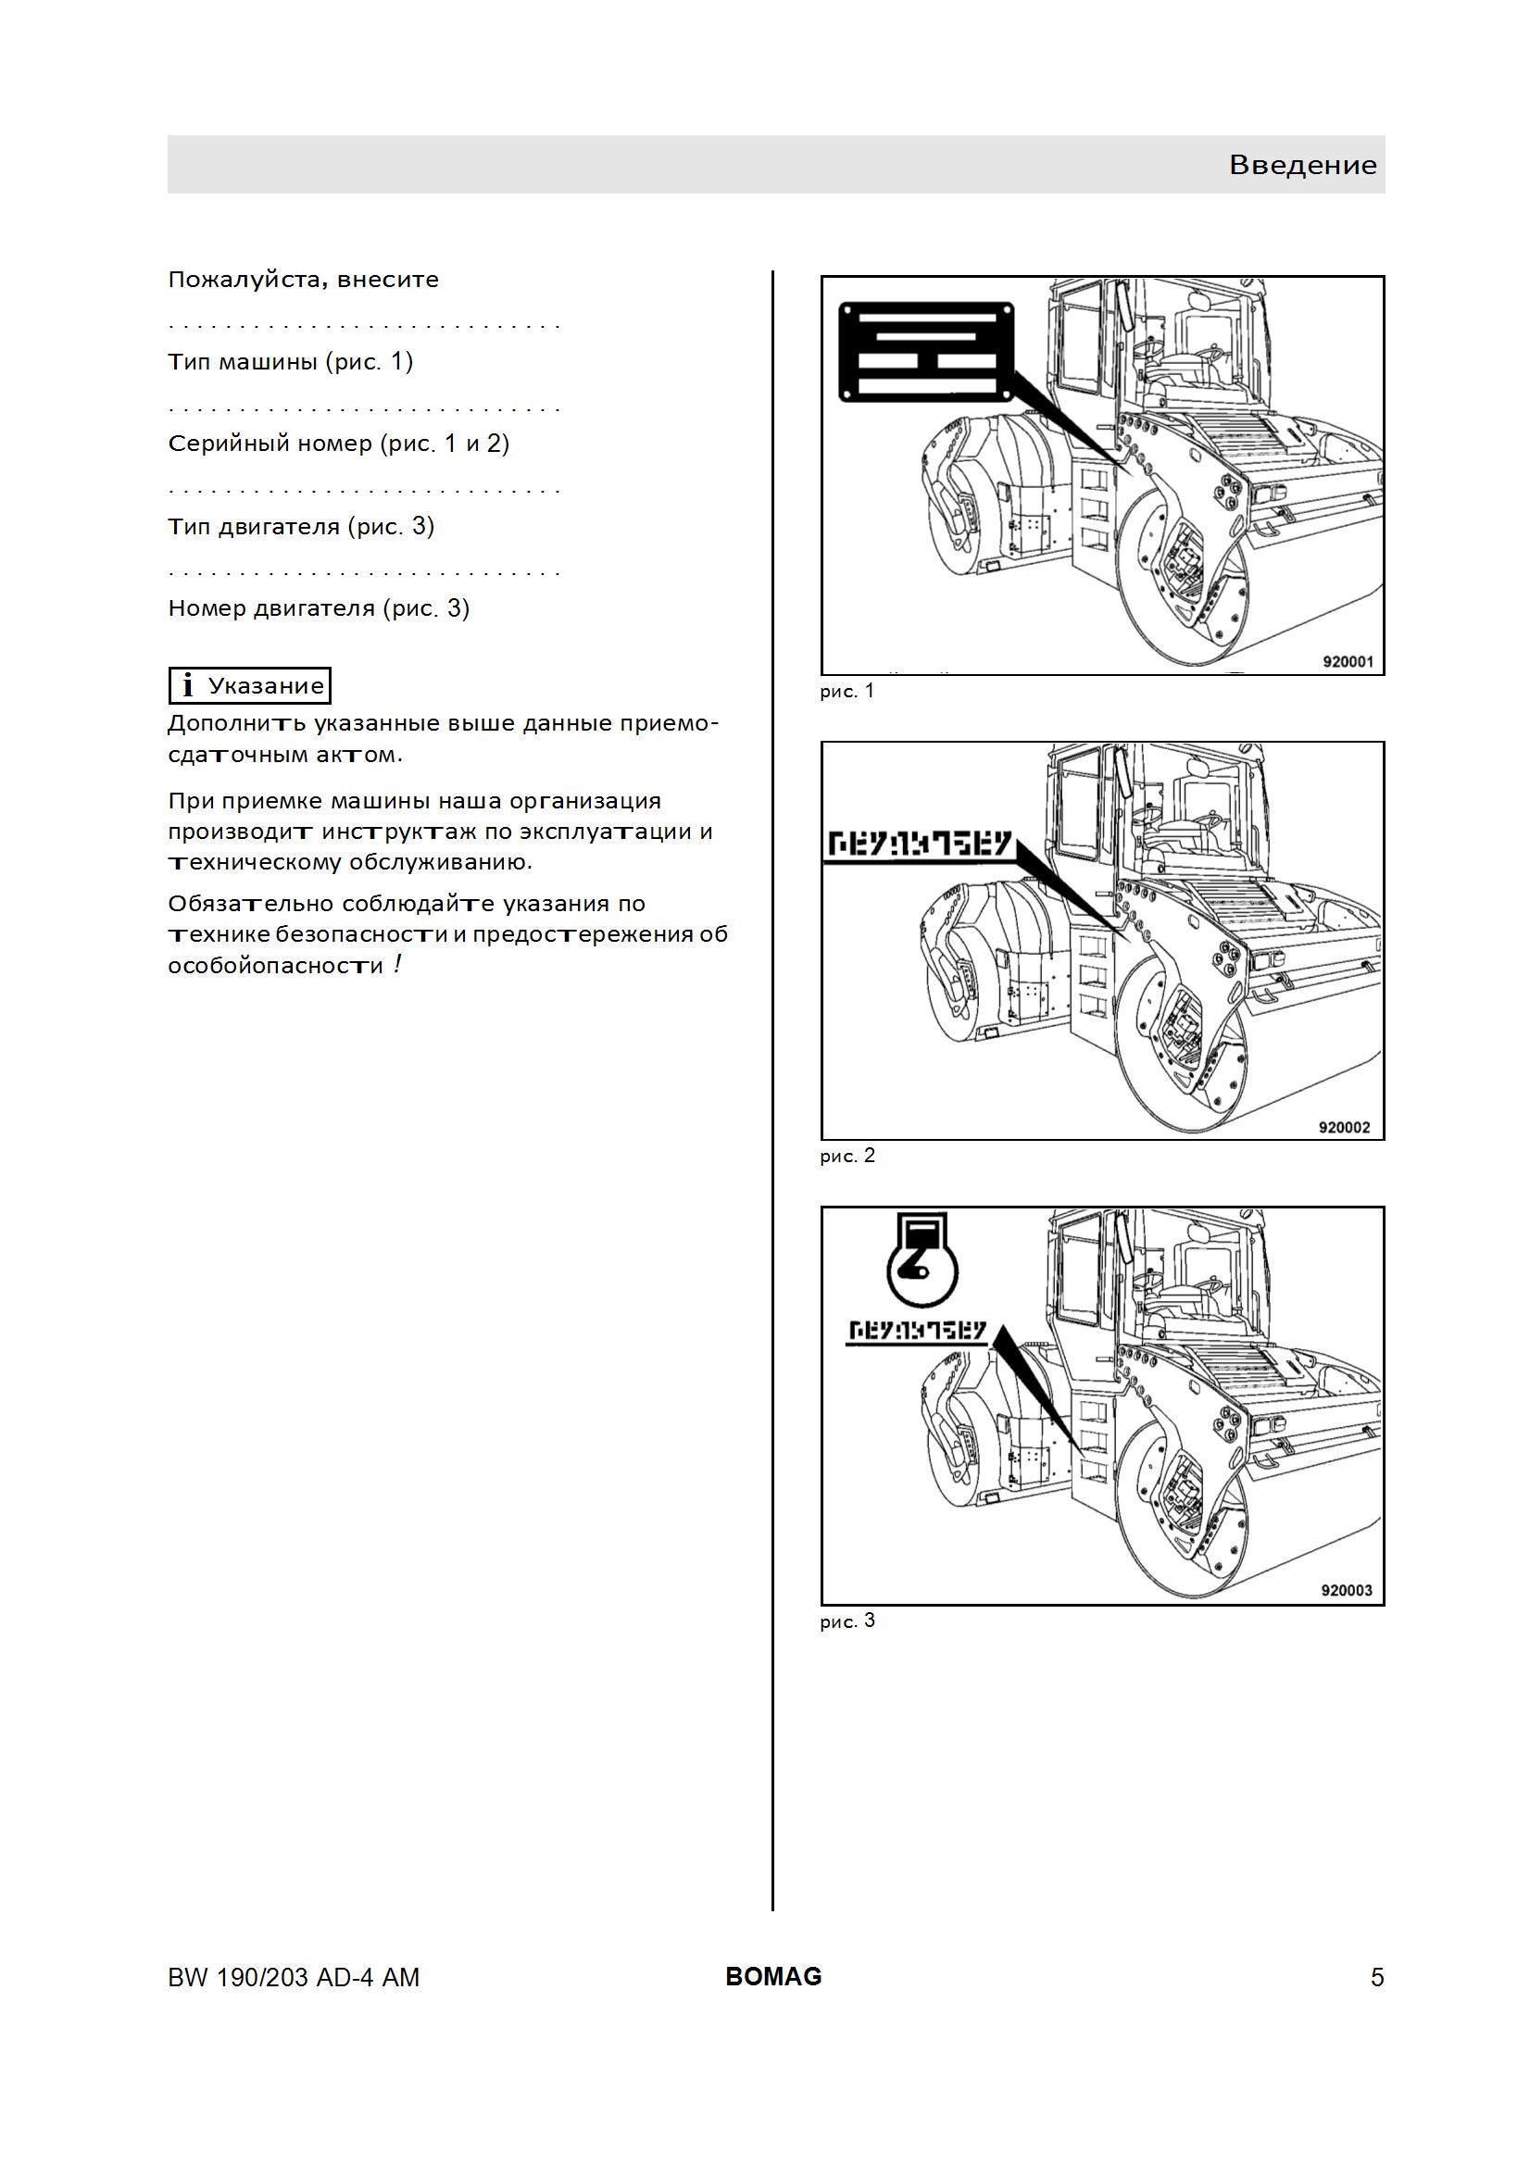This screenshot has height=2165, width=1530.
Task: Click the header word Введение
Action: pyautogui.click(x=1303, y=165)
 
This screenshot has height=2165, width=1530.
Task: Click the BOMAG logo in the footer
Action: pyautogui.click(x=773, y=1976)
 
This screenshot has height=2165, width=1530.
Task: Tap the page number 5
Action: pyautogui.click(x=1377, y=1977)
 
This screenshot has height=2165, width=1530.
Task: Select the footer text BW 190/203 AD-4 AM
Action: pyautogui.click(x=294, y=1977)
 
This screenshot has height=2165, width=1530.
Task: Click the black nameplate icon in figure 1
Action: pyautogui.click(x=926, y=351)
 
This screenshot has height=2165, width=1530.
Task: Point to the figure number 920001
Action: pyautogui.click(x=1347, y=661)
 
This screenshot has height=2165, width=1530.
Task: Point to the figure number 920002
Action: pyautogui.click(x=1344, y=1127)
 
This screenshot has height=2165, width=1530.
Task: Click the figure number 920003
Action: pyautogui.click(x=1346, y=1590)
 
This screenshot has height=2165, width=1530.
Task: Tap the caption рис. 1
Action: pyautogui.click(x=847, y=691)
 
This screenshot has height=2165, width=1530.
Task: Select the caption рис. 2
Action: pyautogui.click(x=847, y=1156)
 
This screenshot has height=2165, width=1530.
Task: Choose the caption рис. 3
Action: pyautogui.click(x=847, y=1621)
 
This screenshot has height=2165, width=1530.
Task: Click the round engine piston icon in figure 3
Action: pyautogui.click(x=922, y=1258)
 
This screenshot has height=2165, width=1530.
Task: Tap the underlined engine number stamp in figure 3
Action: pyautogui.click(x=916, y=1333)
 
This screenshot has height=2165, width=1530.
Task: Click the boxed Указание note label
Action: pyautogui.click(x=250, y=685)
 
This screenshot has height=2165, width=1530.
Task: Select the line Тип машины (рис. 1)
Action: pyautogui.click(x=291, y=362)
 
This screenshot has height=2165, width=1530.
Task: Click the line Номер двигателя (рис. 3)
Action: pyautogui.click(x=319, y=608)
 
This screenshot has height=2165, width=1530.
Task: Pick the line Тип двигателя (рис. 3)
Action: pyautogui.click(x=301, y=526)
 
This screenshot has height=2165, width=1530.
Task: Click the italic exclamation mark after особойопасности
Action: pyautogui.click(x=399, y=964)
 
